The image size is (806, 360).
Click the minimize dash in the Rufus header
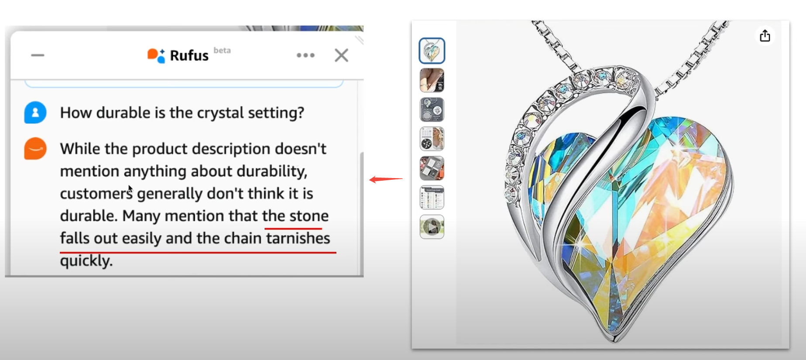38,55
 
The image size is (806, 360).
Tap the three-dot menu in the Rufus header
305,55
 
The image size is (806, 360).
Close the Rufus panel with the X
341,55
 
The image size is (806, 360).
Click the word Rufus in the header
189,56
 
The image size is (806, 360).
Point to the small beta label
222,50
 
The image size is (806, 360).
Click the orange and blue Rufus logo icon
156,55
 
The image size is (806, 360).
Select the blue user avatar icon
35,113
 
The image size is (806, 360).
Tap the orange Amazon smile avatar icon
35,149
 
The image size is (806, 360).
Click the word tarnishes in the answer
298,238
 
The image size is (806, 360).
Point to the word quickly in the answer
86,261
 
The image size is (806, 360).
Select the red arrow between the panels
386,179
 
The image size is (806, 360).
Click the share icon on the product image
765,36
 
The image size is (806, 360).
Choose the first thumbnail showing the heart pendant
432,51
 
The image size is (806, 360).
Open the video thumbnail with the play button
432,227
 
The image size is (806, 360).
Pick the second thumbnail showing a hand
432,80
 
